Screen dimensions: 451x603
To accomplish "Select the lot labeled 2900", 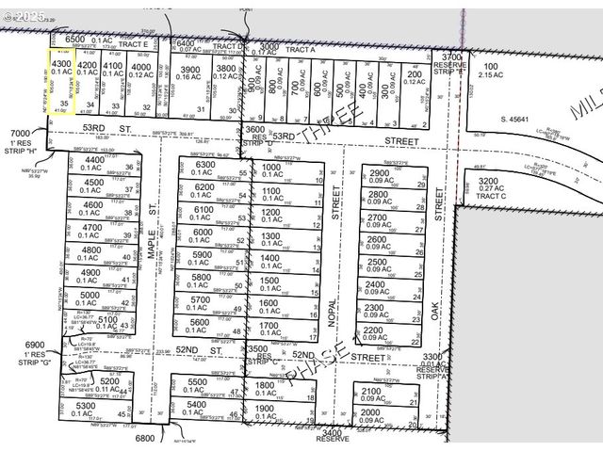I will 379,174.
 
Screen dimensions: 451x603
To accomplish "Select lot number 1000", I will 271,169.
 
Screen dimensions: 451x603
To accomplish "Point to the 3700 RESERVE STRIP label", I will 452,62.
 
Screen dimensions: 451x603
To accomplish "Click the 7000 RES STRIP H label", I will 20,138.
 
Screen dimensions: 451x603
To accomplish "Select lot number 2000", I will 370,412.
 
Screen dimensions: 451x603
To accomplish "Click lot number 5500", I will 197,381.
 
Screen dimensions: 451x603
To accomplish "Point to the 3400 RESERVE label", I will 333,434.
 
